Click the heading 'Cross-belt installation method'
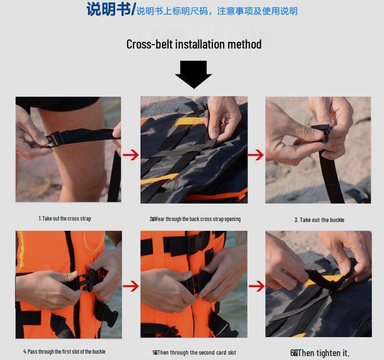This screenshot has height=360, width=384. click(x=194, y=44)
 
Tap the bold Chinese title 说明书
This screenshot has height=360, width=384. click(x=108, y=9)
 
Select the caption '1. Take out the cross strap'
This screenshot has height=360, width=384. click(x=65, y=219)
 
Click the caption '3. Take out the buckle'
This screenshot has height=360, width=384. click(x=319, y=220)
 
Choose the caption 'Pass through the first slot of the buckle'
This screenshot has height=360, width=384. click(x=64, y=351)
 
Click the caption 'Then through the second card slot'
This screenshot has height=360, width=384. click(x=194, y=352)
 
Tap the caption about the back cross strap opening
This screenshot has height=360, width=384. click(x=195, y=219)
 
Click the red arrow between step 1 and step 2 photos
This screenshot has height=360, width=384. click(x=130, y=155)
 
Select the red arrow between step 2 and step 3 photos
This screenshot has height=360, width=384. click(x=256, y=155)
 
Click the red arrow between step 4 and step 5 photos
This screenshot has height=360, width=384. click(x=130, y=286)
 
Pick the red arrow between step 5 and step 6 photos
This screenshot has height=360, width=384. click(x=256, y=286)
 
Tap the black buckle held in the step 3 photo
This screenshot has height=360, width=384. click(x=320, y=132)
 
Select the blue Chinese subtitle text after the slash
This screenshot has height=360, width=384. click(x=217, y=11)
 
